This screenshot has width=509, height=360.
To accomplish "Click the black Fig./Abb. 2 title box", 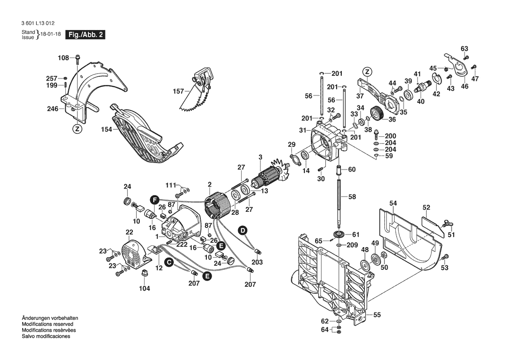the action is point(85,35).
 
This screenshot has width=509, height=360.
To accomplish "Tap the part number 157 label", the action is point(178,91).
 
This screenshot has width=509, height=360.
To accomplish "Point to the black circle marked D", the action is point(242,231).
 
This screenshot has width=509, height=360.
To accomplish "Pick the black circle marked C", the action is point(168,262).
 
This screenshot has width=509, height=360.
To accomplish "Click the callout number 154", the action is point(107,129).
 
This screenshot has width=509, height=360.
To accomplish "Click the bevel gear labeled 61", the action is point(339,234).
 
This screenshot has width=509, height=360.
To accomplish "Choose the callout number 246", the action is point(53,109).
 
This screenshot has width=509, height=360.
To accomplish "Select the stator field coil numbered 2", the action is point(218,206).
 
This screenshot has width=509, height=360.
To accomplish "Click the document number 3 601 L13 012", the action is point(38,24).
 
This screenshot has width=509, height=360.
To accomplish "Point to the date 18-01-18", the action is point(51,34).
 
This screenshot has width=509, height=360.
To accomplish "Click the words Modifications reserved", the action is point(47,324).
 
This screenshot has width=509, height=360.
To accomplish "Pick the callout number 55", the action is point(377,315).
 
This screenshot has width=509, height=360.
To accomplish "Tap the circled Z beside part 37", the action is point(367,72).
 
